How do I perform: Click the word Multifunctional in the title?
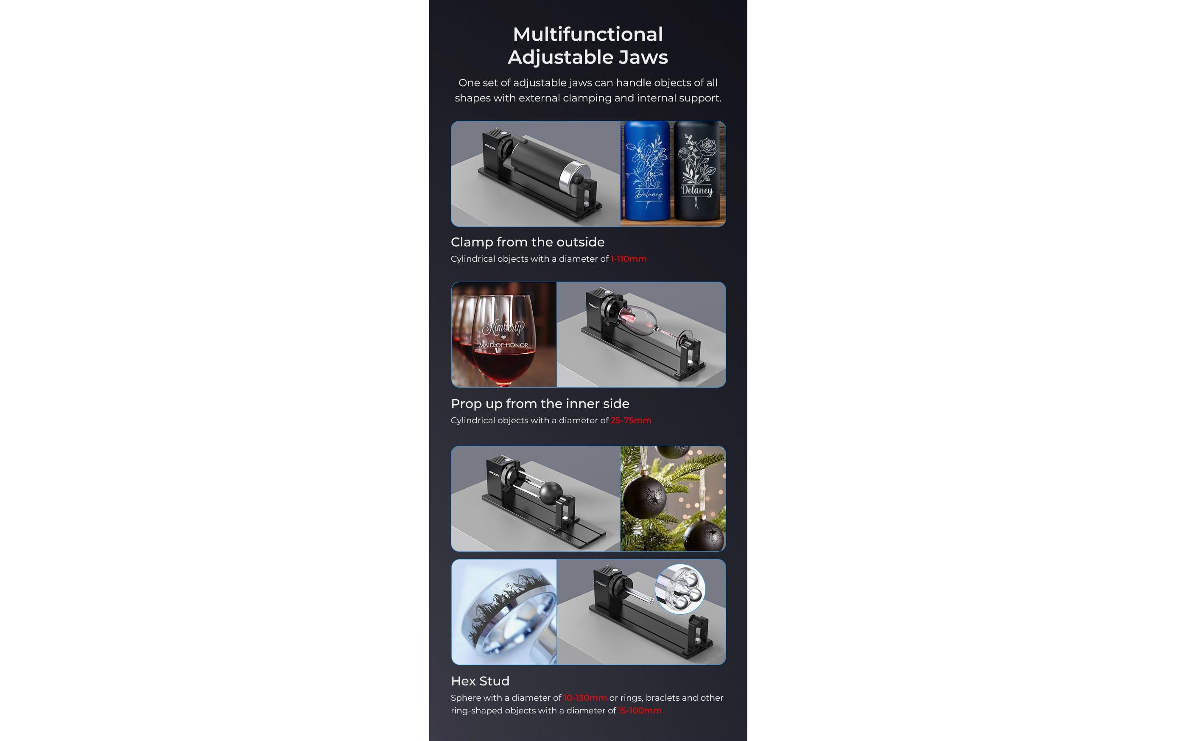[587, 34]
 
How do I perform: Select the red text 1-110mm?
[629, 259]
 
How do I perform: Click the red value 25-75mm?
[631, 420]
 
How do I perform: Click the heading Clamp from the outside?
[527, 242]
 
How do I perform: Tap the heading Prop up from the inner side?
[540, 404]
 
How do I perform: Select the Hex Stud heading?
[480, 681]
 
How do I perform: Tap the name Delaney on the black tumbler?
[697, 190]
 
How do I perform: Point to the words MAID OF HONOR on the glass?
[503, 345]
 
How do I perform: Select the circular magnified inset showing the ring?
[680, 589]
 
